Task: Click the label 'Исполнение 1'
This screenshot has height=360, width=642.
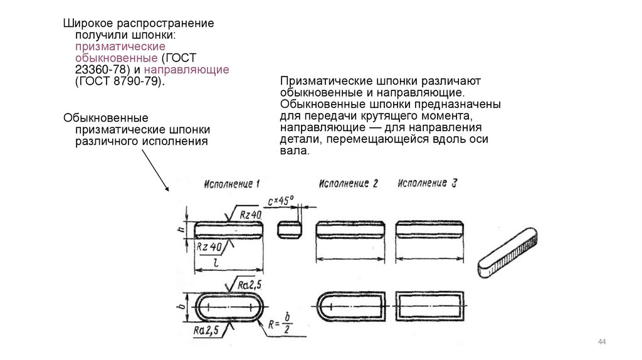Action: [x=232, y=184]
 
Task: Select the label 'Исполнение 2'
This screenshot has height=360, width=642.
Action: [x=349, y=184]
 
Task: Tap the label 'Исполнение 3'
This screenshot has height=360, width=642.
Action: [x=427, y=184]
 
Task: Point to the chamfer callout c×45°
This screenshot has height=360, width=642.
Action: [x=280, y=202]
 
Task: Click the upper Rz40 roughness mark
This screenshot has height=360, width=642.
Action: [x=251, y=214]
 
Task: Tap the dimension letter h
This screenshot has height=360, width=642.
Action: [x=181, y=230]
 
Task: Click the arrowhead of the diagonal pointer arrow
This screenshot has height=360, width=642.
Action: [x=167, y=189]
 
